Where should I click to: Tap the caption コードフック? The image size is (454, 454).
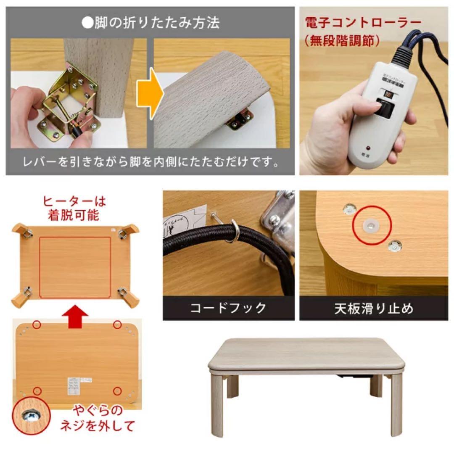point(228,308)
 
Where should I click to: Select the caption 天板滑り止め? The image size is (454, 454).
point(373,308)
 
